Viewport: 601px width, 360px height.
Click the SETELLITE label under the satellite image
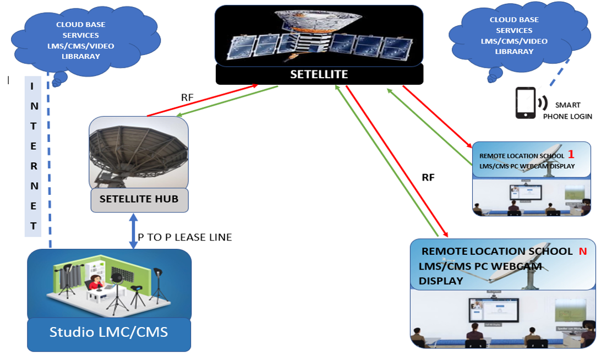[x=319, y=74]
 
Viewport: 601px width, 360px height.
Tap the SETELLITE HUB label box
[x=139, y=199]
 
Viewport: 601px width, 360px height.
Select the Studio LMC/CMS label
[x=108, y=332]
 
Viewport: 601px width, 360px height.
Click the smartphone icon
[x=525, y=103]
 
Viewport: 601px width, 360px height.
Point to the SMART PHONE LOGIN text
[x=567, y=110]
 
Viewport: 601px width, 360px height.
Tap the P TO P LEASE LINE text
[x=185, y=237]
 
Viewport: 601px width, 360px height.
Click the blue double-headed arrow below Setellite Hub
[x=133, y=231]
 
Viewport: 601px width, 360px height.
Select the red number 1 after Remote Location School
[x=571, y=155]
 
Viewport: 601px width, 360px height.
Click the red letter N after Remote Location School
[x=583, y=251]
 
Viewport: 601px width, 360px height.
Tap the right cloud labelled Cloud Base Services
[x=514, y=36]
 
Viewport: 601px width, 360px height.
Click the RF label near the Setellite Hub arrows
[x=187, y=97]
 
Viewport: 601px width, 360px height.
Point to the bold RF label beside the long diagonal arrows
[x=428, y=177]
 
